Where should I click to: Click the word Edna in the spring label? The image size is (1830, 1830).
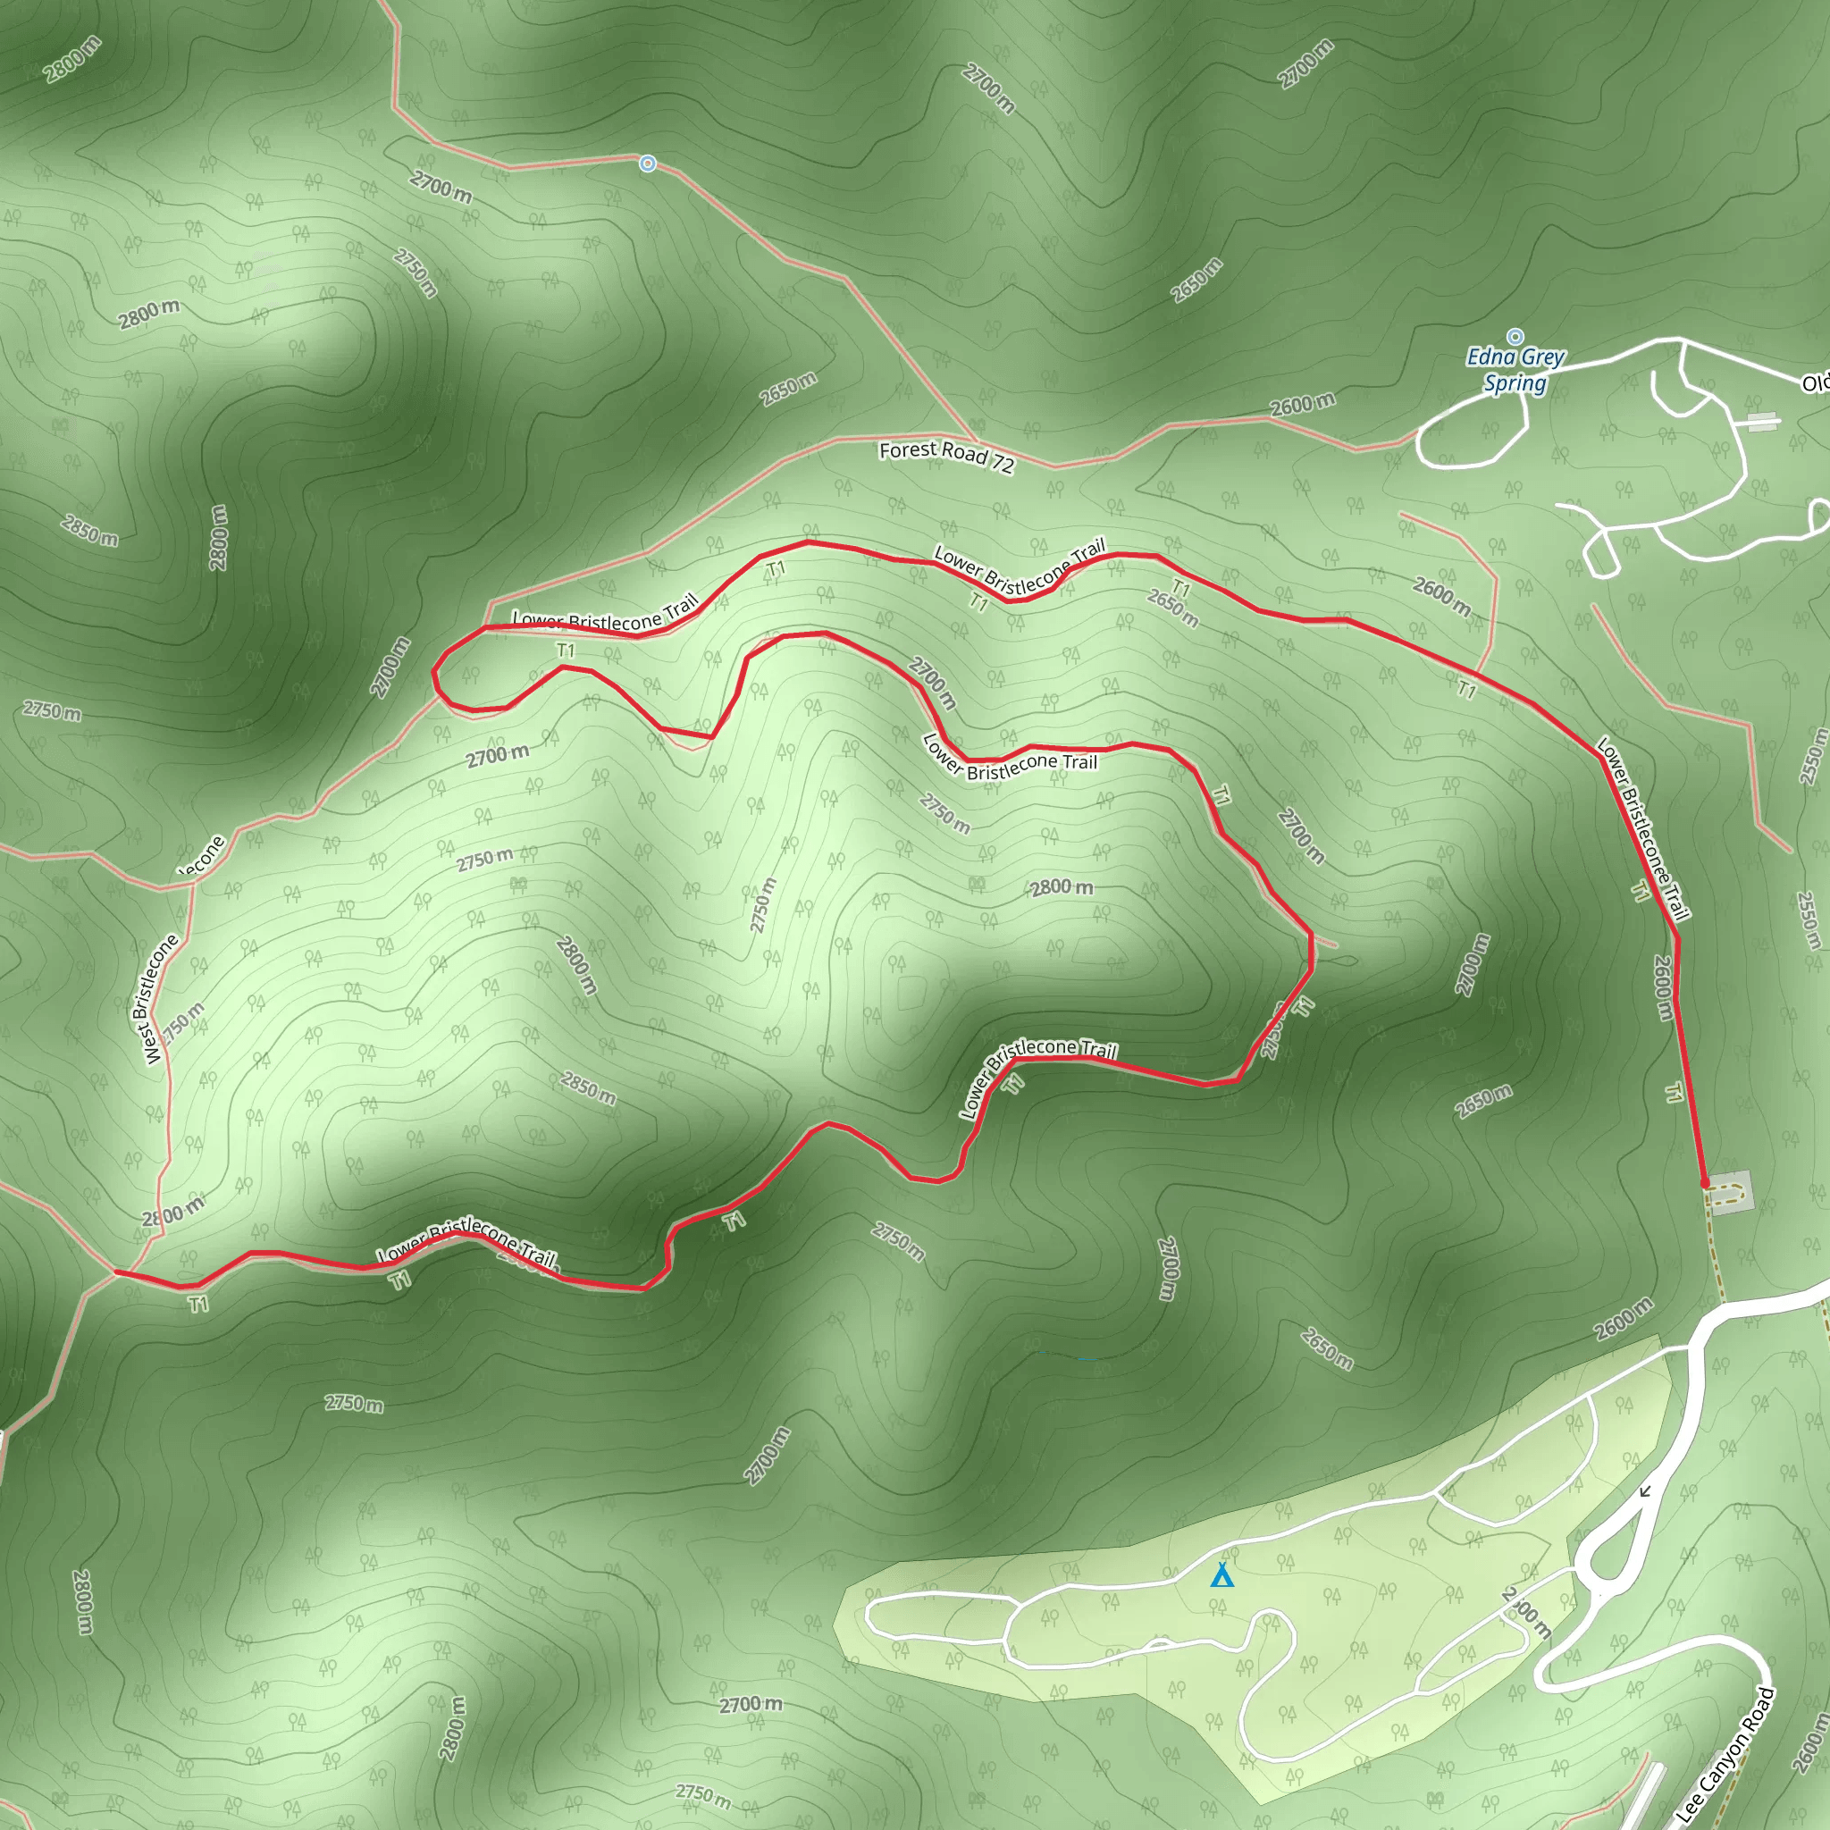[x=1488, y=357]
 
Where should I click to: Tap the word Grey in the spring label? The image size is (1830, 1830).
[x=1544, y=357]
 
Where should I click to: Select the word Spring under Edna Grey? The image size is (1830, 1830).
[x=1515, y=382]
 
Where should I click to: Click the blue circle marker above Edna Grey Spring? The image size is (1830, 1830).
[x=1515, y=336]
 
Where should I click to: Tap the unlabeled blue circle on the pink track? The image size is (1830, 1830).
[x=647, y=164]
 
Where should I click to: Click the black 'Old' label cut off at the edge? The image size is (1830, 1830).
[x=1815, y=382]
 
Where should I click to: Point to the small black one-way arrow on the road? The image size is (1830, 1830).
[x=1645, y=1491]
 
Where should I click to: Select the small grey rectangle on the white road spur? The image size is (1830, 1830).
[x=1762, y=422]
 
